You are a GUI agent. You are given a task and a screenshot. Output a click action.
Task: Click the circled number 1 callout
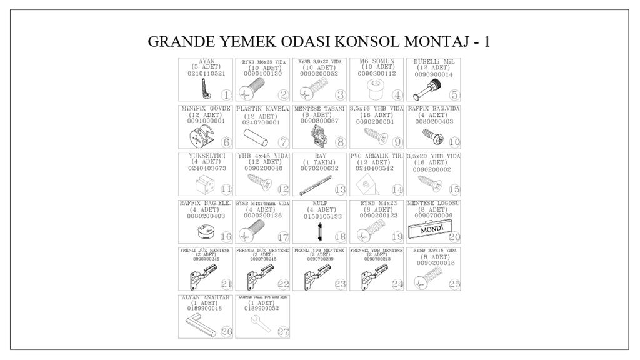click(x=226, y=96)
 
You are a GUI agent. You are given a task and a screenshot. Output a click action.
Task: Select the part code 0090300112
click(x=377, y=74)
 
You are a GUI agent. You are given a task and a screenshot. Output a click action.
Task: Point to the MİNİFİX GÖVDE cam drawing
click(x=200, y=136)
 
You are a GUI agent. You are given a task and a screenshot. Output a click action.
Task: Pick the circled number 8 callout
click(x=341, y=142)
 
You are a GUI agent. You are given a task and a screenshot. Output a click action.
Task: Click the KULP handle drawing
click(x=317, y=232)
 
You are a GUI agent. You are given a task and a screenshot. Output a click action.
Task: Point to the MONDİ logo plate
click(x=430, y=231)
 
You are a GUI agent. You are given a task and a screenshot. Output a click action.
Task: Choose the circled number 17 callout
click(x=283, y=237)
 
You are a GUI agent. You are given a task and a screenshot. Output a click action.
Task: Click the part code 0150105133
click(x=319, y=216)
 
